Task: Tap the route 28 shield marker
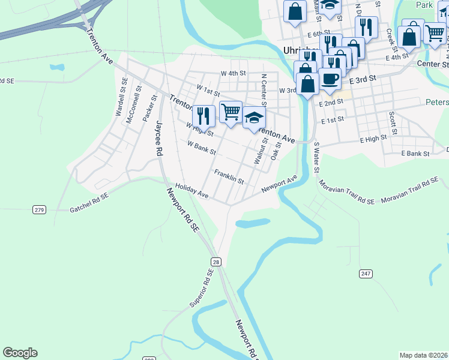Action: [215, 262]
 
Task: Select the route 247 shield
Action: [366, 274]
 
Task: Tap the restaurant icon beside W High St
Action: [204, 115]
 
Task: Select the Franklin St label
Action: [229, 176]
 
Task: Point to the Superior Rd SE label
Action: [202, 289]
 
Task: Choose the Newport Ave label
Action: [279, 185]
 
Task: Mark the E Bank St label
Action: [415, 154]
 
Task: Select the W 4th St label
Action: [234, 73]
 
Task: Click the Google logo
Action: [20, 353]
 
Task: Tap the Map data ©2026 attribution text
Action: [423, 355]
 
